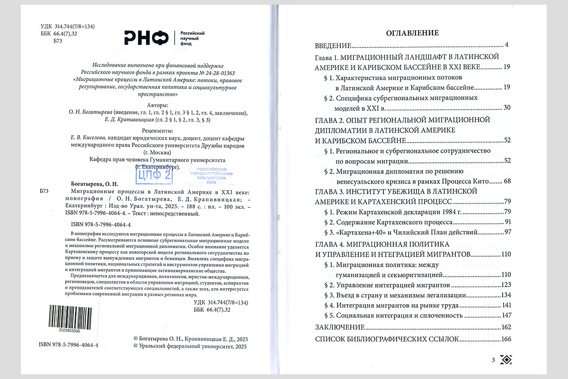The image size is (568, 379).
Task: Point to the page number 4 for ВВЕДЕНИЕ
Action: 506,45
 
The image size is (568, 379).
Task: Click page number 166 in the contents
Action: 506,339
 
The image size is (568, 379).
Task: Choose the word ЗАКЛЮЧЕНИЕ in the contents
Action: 340,327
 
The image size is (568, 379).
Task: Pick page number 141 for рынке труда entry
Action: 507,305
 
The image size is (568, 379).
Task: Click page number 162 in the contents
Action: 506,327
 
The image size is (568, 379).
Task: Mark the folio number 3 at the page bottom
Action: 493,361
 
